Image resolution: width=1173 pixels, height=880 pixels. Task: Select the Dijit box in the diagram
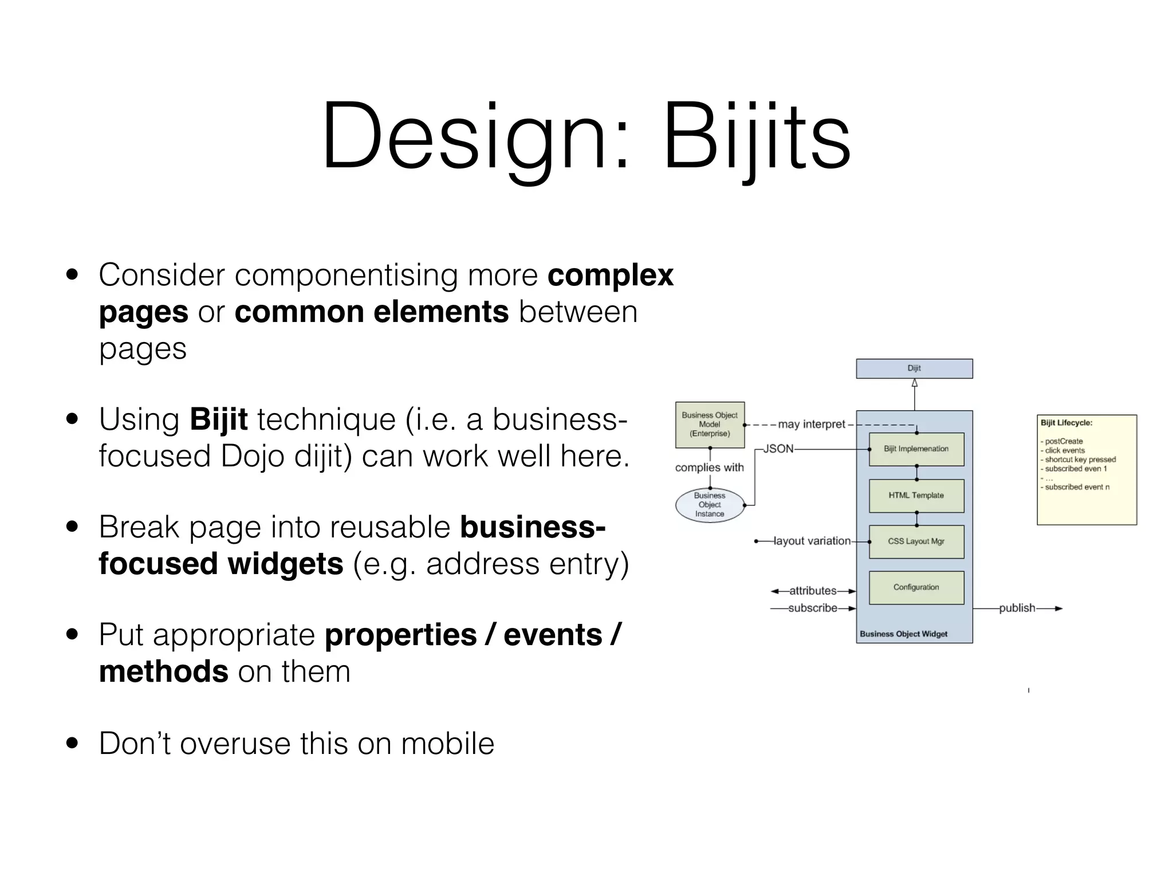point(914,368)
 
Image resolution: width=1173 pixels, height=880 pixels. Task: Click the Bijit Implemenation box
point(916,449)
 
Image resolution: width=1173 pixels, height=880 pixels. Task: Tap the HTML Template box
point(916,496)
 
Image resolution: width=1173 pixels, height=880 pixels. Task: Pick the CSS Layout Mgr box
point(916,541)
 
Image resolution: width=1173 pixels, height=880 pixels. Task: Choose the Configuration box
point(916,587)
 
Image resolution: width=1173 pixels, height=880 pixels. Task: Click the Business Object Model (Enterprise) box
point(710,425)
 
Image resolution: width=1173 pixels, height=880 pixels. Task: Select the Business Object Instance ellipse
point(710,505)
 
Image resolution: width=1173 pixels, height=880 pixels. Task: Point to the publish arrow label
point(1017,608)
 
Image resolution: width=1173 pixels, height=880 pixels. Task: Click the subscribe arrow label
point(812,608)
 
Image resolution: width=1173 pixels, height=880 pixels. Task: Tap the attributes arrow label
point(812,591)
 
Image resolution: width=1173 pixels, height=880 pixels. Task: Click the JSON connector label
point(778,449)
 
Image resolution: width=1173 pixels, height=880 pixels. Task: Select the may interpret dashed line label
point(811,425)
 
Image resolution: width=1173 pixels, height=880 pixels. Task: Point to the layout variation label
point(812,541)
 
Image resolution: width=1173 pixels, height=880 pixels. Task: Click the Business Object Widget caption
point(903,634)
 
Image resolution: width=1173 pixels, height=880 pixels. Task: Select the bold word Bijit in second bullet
point(218,419)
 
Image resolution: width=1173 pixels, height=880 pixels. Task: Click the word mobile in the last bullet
point(447,744)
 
